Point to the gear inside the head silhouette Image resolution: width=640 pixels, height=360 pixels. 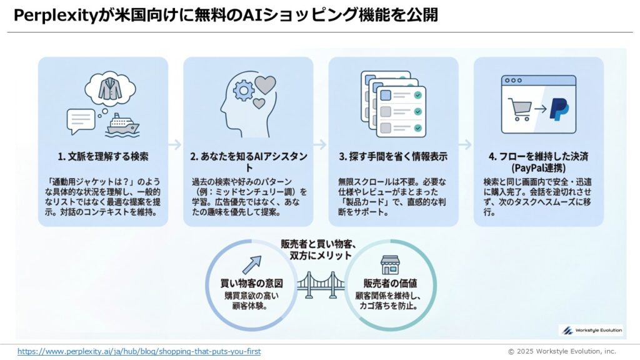(243, 92)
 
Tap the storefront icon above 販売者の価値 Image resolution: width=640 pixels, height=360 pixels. (390, 264)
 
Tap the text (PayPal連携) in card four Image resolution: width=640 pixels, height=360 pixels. (538, 168)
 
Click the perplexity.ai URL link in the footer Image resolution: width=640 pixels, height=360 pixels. (139, 351)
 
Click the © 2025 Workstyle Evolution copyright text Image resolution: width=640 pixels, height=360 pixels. (561, 351)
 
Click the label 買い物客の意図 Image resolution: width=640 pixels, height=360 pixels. (252, 283)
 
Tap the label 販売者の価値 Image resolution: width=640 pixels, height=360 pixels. (389, 283)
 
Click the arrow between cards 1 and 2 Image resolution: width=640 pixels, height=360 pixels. (176, 144)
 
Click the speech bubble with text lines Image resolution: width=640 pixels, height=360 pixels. (81, 119)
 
